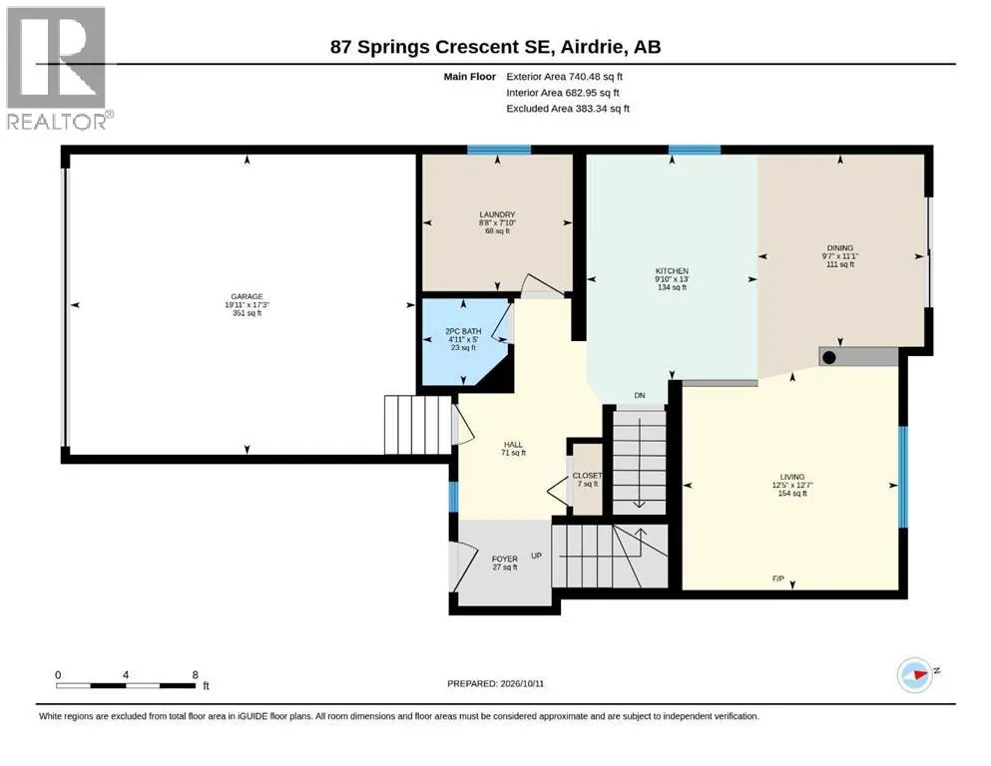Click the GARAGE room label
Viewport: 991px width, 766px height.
[x=247, y=297]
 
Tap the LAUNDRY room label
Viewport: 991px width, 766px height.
[x=497, y=214]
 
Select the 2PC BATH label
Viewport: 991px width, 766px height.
[x=463, y=331]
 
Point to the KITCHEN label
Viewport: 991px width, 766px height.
[x=672, y=271]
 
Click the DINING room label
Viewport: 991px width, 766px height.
[x=840, y=248]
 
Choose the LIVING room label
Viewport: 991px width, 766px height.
[x=792, y=477]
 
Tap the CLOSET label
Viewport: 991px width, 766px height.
[x=587, y=476]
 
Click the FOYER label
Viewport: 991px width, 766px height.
[x=505, y=559]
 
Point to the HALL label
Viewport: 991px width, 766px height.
[x=513, y=445]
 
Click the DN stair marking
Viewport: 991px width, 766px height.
[x=640, y=395]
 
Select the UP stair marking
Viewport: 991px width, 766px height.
[x=537, y=556]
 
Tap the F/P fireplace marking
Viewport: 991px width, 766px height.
[x=778, y=578]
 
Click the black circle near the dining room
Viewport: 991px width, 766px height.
[x=829, y=357]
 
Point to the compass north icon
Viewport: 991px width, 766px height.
[x=915, y=674]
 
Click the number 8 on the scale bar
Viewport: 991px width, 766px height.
[x=196, y=674]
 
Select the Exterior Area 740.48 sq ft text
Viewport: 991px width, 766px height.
[x=565, y=77]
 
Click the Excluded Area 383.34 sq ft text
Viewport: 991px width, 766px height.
[x=568, y=108]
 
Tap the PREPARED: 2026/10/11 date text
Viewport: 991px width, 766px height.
[x=495, y=683]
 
